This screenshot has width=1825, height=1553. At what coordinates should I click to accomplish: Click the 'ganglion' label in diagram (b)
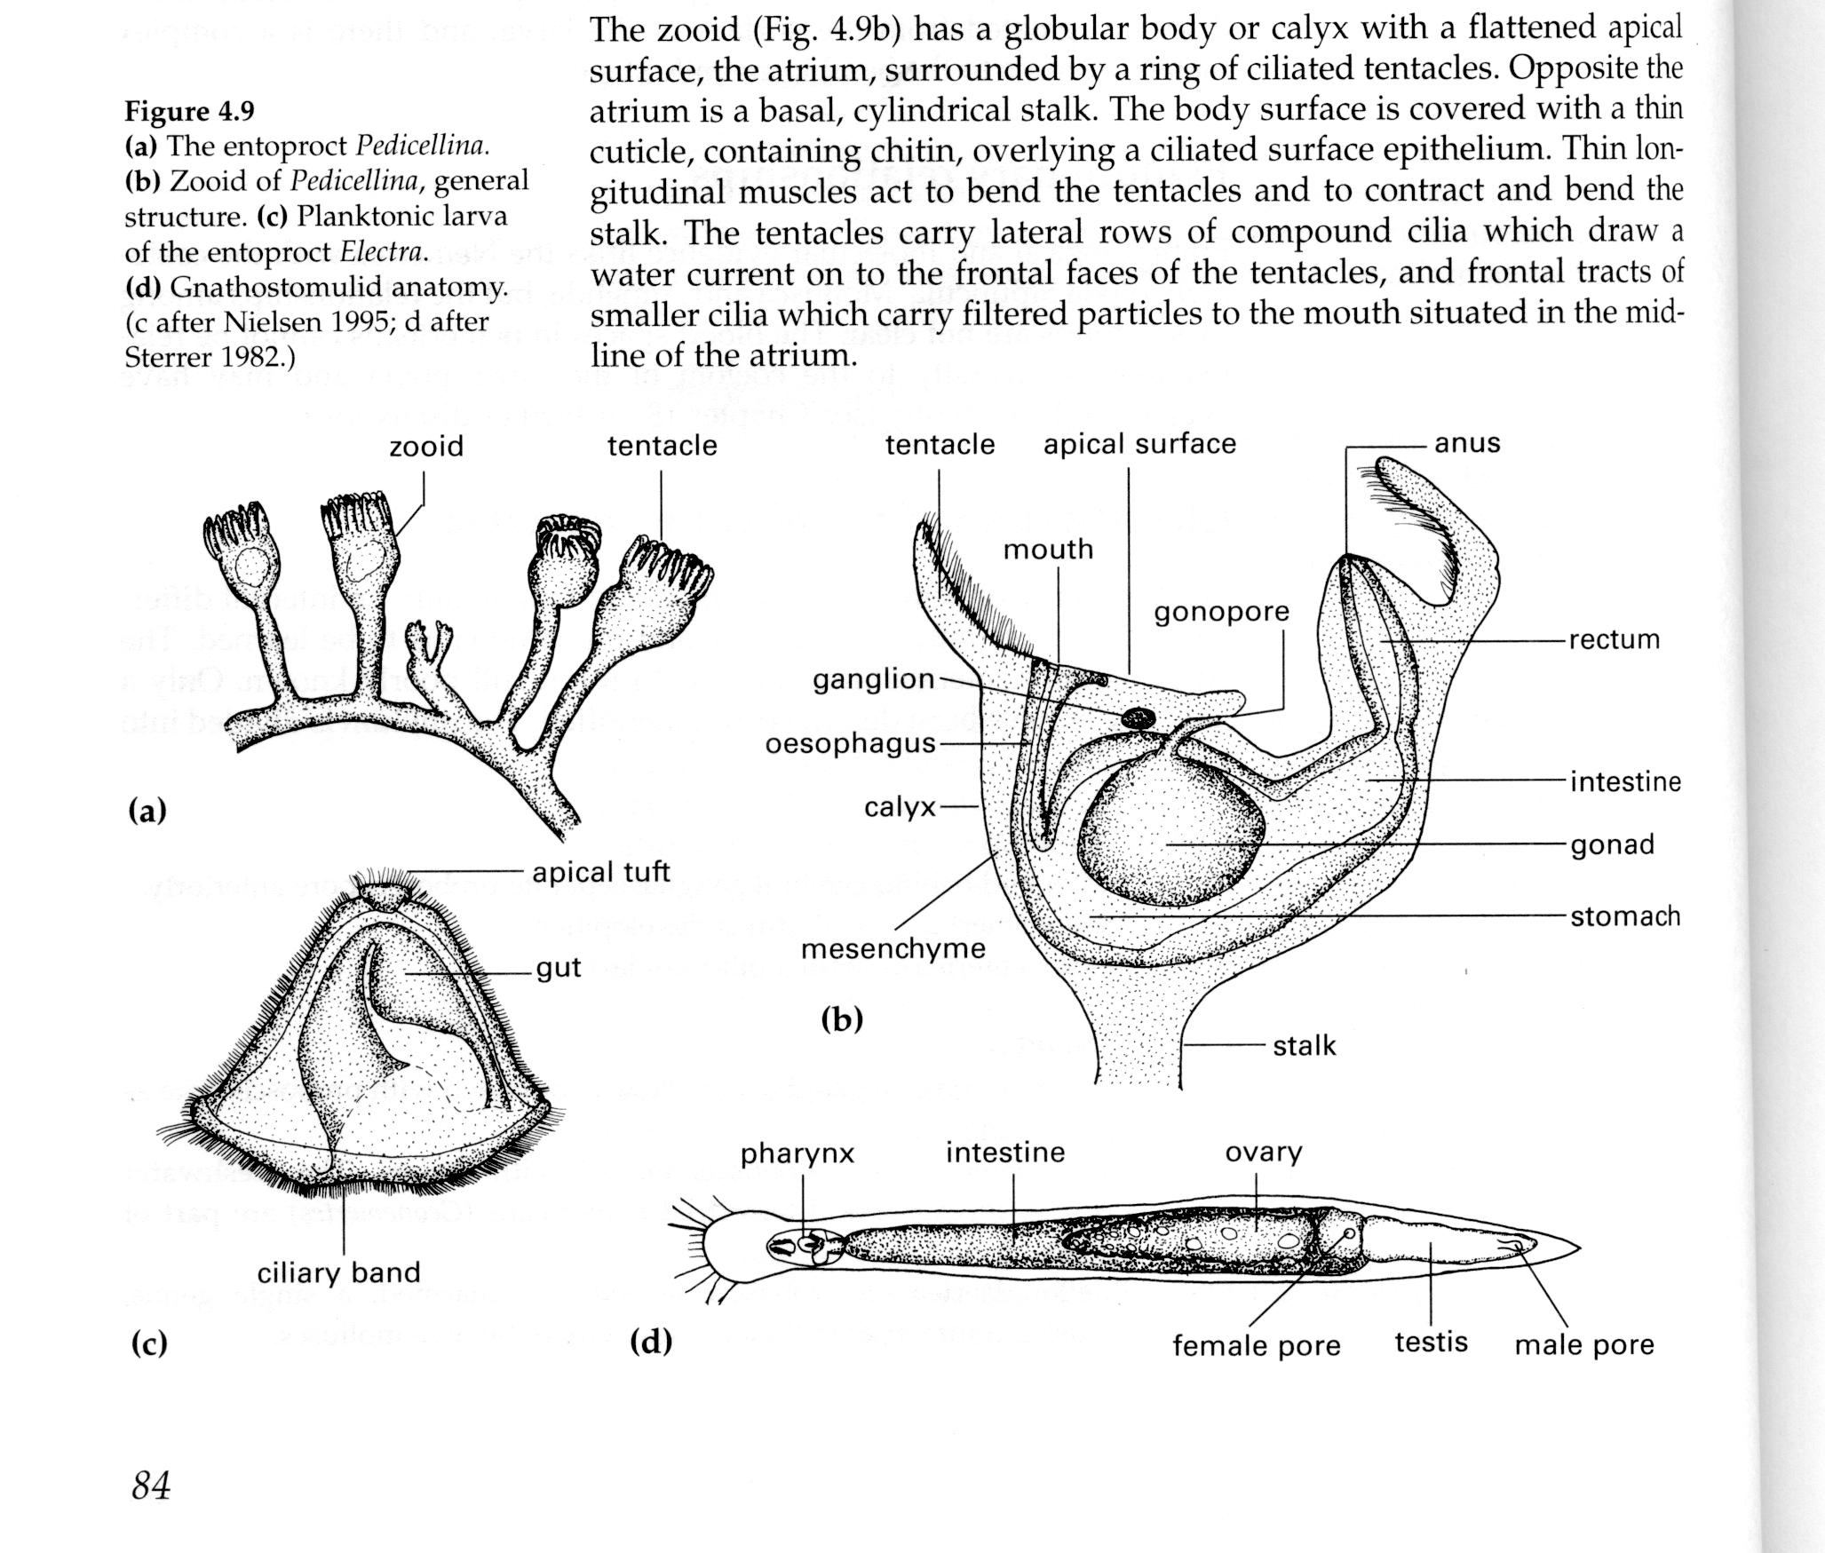click(873, 680)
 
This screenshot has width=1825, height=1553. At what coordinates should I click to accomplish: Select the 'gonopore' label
click(1221, 612)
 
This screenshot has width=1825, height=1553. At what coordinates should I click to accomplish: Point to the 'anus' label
click(1467, 442)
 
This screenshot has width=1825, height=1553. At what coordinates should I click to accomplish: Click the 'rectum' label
click(1614, 639)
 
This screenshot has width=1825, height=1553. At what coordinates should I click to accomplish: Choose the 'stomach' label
click(1624, 915)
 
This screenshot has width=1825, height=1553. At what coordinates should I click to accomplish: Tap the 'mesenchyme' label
click(893, 948)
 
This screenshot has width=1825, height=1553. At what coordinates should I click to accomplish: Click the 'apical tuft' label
click(600, 872)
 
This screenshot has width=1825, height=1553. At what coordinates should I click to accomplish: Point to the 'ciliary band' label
click(338, 1272)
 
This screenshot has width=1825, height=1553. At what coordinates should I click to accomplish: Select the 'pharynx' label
click(797, 1153)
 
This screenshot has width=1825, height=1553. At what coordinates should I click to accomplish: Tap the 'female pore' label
click(1256, 1345)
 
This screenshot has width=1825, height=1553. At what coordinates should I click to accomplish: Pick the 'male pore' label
click(1583, 1344)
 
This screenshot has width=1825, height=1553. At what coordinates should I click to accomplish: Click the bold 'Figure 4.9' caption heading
click(189, 111)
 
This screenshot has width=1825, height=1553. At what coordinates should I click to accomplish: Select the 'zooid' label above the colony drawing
click(426, 446)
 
